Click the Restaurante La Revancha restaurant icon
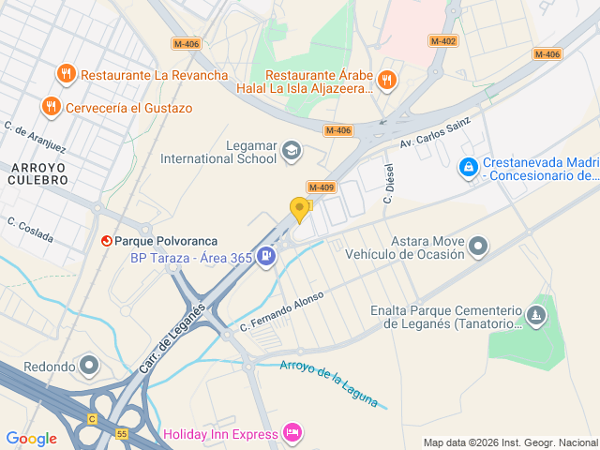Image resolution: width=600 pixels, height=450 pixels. (66, 74)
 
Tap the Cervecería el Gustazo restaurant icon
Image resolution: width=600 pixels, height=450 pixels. (52, 107)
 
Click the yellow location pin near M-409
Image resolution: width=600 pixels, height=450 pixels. (300, 210)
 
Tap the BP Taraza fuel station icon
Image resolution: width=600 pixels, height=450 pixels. (266, 255)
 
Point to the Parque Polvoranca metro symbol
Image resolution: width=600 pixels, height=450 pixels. (106, 241)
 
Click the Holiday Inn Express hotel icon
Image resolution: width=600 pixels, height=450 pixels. (292, 433)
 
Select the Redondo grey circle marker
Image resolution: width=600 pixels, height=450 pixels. (89, 364)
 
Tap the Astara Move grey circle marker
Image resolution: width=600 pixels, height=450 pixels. (479, 247)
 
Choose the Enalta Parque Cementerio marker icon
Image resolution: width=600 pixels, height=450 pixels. (536, 315)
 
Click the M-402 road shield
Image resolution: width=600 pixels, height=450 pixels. (443, 41)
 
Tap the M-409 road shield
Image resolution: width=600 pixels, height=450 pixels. (320, 187)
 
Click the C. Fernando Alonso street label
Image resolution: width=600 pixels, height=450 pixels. (281, 311)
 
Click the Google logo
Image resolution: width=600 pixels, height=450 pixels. (31, 438)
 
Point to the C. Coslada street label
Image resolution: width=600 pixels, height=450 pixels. (29, 230)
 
